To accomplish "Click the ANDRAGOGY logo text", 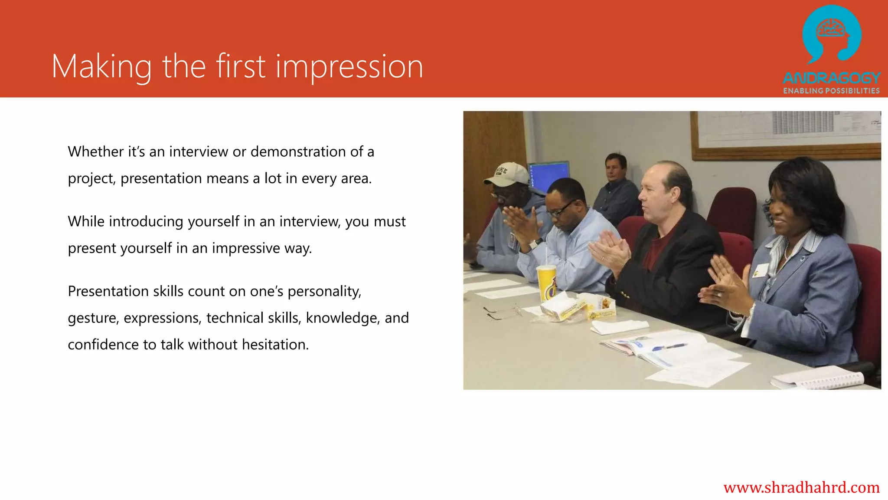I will (831, 78).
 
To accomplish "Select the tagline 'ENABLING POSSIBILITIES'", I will (831, 91).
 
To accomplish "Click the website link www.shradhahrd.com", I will (801, 487).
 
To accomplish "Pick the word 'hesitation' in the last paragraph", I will (275, 344).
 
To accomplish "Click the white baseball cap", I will (506, 174).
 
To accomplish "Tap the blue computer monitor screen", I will (548, 174).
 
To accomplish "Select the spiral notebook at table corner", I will (819, 377).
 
